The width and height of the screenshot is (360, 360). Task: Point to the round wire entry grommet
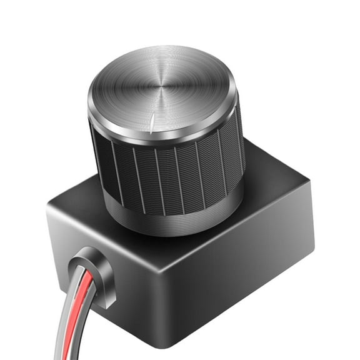(x=94, y=275)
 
